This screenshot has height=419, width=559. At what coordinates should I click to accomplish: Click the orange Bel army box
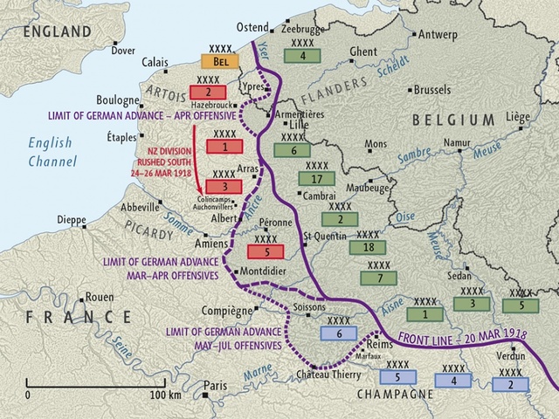click(220, 62)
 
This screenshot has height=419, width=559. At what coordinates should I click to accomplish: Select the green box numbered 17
click(317, 179)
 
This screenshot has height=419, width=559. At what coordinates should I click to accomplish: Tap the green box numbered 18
click(369, 248)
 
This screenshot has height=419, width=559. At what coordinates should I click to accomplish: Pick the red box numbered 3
click(224, 187)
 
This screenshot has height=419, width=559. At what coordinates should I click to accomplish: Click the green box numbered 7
click(377, 278)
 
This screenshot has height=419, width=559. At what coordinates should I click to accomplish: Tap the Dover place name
click(124, 51)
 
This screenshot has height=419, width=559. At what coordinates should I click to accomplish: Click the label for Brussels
click(432, 89)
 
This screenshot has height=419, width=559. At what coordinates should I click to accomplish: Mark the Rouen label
click(96, 297)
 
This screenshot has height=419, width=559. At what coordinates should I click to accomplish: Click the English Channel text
click(52, 153)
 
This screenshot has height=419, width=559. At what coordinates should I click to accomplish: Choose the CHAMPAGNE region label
click(396, 395)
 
